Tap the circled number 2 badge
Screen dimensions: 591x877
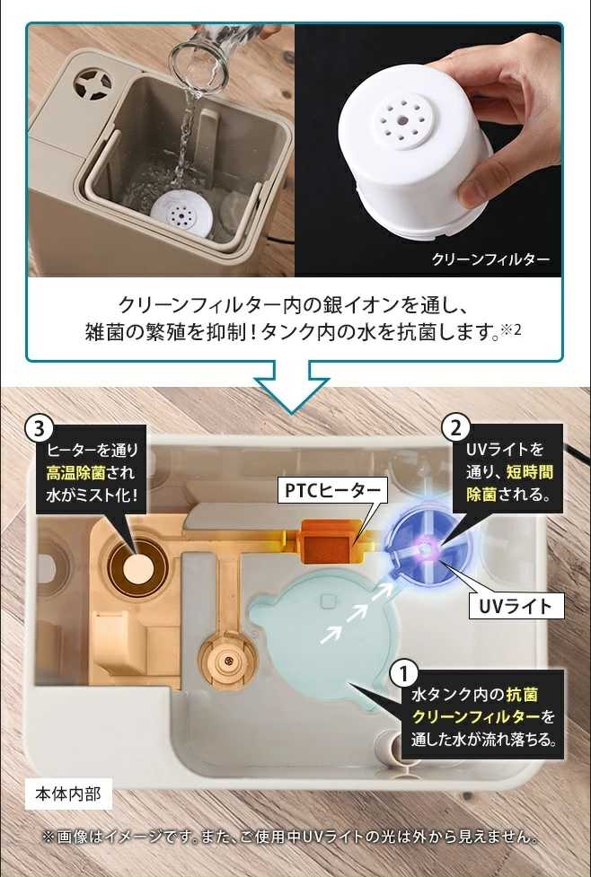[455, 429]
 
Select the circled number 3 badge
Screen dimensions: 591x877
[38, 429]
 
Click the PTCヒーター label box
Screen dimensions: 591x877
[332, 490]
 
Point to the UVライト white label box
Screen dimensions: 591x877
[515, 606]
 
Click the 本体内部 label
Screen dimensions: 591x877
[68, 794]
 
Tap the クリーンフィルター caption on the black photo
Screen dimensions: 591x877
[490, 259]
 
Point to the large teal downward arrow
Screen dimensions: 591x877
[292, 387]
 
